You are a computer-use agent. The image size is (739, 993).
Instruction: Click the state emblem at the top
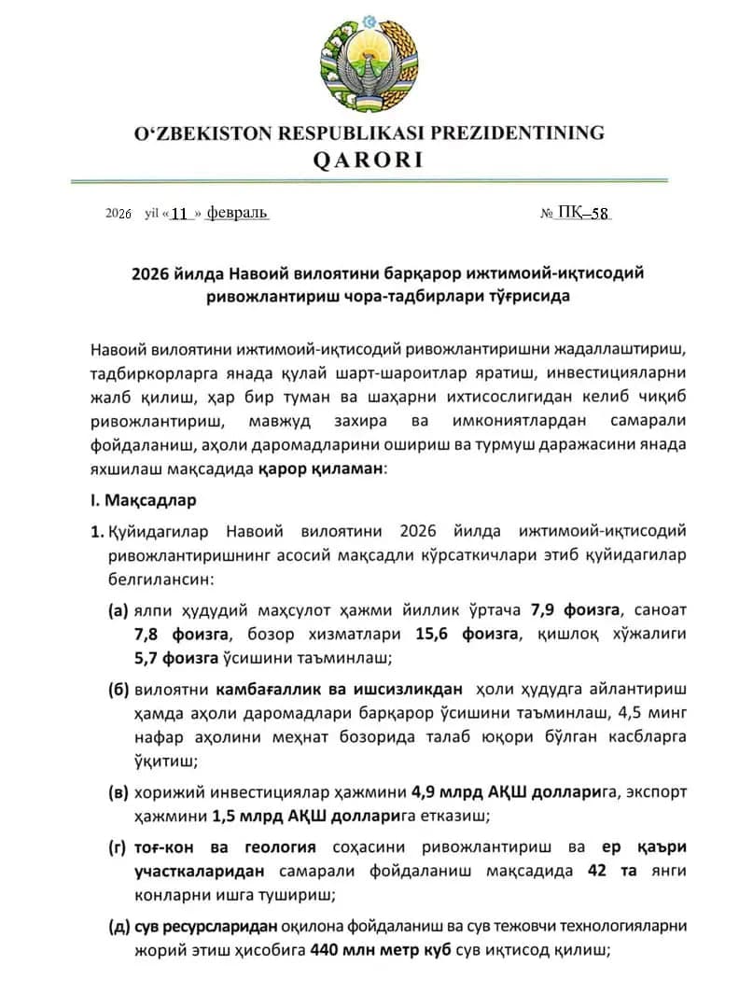369,63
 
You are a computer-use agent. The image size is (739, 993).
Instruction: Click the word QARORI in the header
368,160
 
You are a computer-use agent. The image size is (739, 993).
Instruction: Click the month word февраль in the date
237,213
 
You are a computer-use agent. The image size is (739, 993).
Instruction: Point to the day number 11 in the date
180,214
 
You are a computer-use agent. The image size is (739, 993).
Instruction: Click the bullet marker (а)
119,610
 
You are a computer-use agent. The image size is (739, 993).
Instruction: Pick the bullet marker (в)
119,792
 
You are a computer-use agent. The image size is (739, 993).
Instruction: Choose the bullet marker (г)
118,847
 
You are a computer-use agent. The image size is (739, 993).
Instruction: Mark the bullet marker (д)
119,927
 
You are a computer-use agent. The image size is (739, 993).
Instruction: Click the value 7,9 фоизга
575,610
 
